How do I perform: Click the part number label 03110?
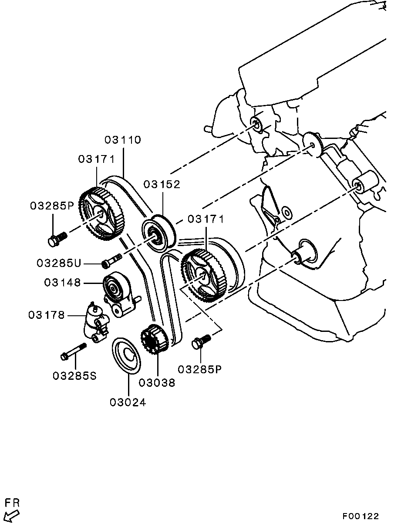123,140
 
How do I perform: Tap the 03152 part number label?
162,184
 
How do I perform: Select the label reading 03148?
62,283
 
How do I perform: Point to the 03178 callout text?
47,314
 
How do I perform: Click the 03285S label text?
74,375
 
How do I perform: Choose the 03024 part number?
128,402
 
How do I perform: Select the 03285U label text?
59,263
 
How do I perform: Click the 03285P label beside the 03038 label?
200,369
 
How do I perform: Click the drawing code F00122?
360,516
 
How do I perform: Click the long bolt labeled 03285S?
73,351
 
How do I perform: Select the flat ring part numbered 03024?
127,355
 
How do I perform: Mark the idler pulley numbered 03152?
158,235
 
